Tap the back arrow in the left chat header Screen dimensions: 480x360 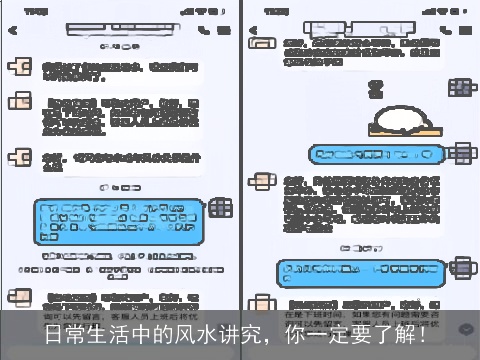tap(14, 31)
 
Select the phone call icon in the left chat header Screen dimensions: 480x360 tap(204, 31)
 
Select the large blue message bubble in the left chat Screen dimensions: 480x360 tap(121, 225)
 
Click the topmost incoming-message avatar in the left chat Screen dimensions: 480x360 tap(19, 68)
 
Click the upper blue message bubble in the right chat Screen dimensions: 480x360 tap(374, 155)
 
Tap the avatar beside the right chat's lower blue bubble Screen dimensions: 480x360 tap(463, 267)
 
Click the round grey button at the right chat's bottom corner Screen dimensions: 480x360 tap(466, 328)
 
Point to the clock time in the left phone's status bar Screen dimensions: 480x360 tap(36, 12)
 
